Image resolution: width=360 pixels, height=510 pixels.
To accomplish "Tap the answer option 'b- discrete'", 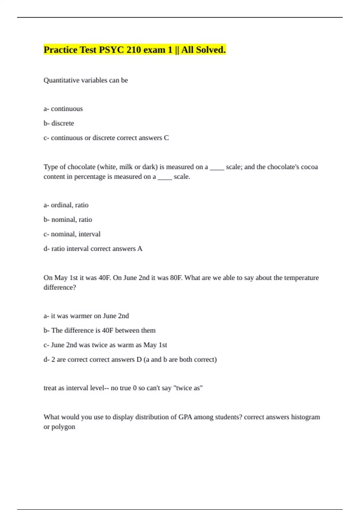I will (x=59, y=123).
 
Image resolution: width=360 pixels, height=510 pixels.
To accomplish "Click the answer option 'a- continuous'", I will (x=63, y=109).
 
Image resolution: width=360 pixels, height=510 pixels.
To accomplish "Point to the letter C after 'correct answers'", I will (x=166, y=138).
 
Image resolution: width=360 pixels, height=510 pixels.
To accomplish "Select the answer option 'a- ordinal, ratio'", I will (x=66, y=205).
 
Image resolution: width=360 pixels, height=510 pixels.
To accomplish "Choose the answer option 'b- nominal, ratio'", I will (x=68, y=220).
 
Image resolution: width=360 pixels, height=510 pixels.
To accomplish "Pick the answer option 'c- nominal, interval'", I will (x=72, y=234).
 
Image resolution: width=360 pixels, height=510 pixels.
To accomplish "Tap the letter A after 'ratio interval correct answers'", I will (x=139, y=249).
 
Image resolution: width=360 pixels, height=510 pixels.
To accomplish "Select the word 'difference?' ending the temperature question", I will (x=60, y=287).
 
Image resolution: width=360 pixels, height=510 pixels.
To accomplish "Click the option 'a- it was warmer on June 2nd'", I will (x=86, y=316).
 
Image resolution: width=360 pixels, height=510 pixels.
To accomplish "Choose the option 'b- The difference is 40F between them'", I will (x=99, y=331).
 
